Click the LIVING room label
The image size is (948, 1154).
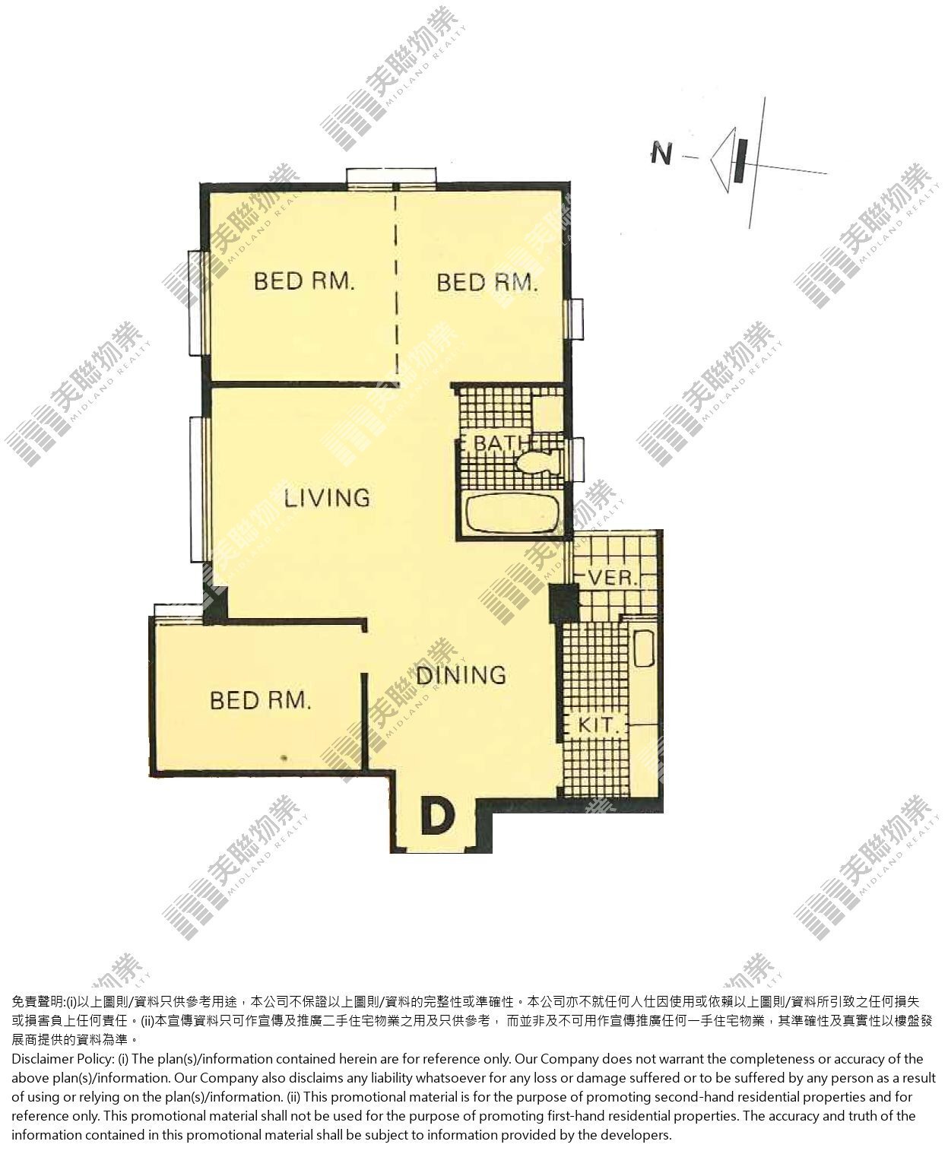[x=327, y=497]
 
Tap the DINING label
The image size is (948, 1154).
[x=461, y=675]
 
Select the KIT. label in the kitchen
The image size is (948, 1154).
[x=598, y=725]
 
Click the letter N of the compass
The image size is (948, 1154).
[x=661, y=154]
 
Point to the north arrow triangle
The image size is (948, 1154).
[x=724, y=160]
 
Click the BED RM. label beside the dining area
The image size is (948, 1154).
[x=261, y=700]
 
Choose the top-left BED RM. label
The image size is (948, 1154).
[x=304, y=281]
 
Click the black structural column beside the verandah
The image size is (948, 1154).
[x=564, y=603]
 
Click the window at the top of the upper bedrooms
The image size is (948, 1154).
[x=392, y=177]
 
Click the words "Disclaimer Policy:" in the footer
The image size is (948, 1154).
[x=62, y=1059]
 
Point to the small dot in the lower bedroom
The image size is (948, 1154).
[x=284, y=758]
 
